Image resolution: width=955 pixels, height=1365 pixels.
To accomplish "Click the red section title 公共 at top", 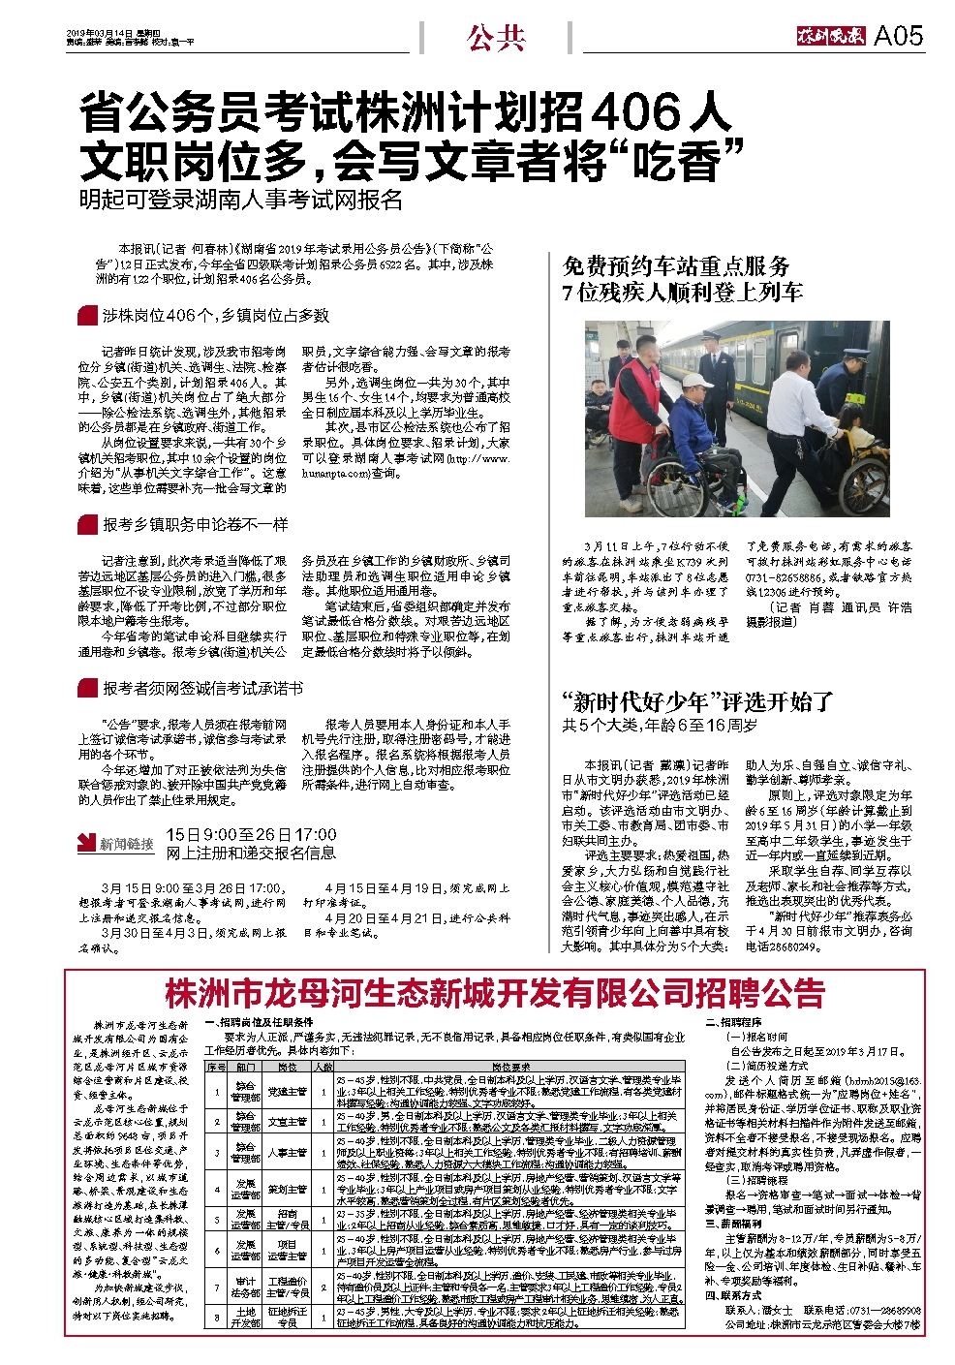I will tap(496, 37).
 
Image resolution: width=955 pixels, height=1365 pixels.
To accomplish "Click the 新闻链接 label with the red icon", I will tap(117, 843).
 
